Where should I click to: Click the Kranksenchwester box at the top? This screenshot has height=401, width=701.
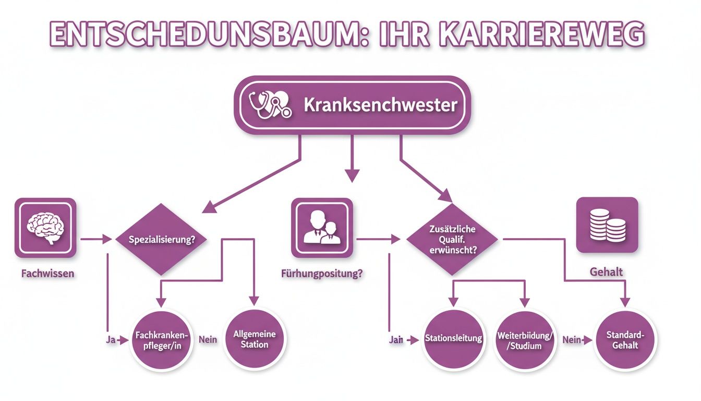point(353,105)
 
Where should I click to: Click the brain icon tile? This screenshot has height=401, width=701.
point(45,228)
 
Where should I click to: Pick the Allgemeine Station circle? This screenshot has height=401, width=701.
point(255,340)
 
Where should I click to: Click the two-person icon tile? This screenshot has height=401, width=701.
point(322,228)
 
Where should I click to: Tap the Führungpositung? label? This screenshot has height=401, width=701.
point(322,274)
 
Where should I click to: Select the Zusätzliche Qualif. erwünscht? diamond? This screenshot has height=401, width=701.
point(452,240)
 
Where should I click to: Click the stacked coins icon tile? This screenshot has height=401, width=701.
point(607,225)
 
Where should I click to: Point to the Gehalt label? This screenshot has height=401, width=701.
point(606,272)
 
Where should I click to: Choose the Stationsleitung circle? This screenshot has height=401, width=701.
point(453,339)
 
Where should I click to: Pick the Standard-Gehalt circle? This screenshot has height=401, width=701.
point(625,340)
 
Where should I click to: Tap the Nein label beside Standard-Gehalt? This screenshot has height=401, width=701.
point(572,340)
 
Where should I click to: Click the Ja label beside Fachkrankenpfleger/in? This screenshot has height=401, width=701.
point(111,340)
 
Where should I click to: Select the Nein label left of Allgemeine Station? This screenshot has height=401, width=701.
point(208,340)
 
